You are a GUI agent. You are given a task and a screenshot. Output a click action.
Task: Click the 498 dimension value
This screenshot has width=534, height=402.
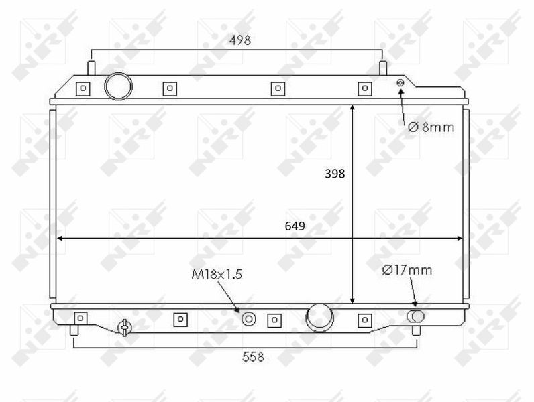point(240,40)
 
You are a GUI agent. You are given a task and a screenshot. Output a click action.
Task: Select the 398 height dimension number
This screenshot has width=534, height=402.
point(335,174)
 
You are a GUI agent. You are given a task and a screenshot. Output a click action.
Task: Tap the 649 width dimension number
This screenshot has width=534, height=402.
point(295,226)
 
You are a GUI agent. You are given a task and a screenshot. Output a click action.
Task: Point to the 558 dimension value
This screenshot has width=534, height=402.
point(253,356)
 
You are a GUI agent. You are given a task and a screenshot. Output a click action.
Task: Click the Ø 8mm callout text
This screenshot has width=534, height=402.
point(431,127)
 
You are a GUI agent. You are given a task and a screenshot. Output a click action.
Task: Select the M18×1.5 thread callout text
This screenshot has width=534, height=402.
point(217,274)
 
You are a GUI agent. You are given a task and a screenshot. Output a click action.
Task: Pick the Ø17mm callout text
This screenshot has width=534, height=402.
point(407,270)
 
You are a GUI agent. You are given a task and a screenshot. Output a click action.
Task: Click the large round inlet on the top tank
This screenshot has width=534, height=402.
point(118,86)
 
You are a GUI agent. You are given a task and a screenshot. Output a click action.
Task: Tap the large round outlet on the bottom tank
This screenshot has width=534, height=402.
point(319,318)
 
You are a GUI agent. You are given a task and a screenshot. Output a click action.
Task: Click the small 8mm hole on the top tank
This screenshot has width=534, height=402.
point(400,82)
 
